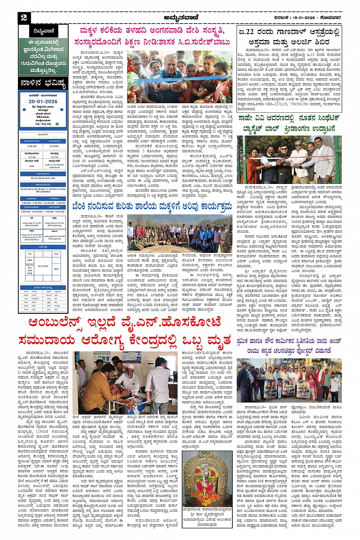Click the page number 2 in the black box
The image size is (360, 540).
tap(24, 18)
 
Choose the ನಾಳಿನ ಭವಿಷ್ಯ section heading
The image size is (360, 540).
tap(43, 84)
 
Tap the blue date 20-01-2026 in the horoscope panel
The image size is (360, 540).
tap(43, 101)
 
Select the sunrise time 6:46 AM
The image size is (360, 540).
tap(32, 146)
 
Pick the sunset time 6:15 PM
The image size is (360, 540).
tap(54, 146)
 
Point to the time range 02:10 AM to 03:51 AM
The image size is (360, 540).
tap(43, 178)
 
